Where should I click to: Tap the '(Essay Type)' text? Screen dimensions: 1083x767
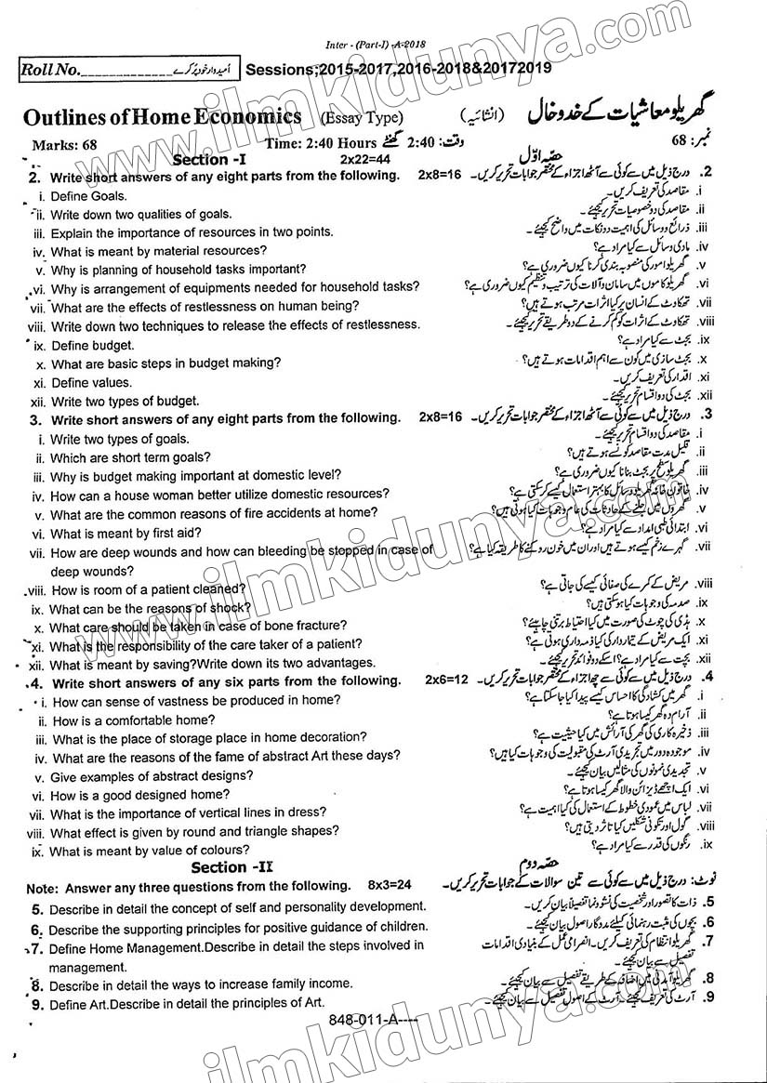(362, 118)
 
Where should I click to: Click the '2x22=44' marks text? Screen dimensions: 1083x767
(364, 160)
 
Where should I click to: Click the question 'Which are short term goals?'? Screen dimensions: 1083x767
(130, 457)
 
